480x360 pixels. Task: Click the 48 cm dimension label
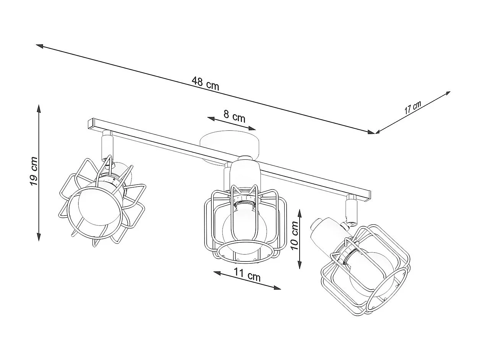coord(205,83)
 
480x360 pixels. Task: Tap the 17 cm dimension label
coord(412,107)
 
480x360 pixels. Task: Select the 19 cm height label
coord(34,171)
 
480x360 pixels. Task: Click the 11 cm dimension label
coord(247,275)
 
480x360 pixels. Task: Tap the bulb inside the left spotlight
coord(99,206)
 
